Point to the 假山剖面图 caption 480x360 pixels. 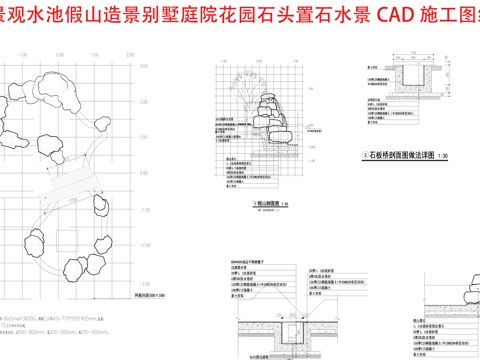(x=263, y=204)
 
